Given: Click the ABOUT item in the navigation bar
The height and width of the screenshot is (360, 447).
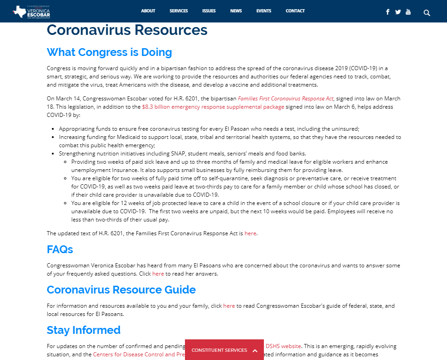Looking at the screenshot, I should pos(148,11).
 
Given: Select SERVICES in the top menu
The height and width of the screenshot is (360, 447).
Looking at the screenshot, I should pos(179,11).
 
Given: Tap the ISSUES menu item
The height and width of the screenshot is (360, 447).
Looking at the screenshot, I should pos(209,11).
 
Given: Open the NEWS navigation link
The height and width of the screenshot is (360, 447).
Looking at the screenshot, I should pos(236,11).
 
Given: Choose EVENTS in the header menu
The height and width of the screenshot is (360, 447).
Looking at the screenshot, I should pos(263,11).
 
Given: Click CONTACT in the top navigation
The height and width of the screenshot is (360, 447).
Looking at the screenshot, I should pos(295,11).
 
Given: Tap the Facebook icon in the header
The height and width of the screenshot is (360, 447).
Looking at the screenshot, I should pos(388,12).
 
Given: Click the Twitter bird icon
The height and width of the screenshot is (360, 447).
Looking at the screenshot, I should pos(398,12).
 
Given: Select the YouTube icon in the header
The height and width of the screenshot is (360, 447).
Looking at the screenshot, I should pos(408,12).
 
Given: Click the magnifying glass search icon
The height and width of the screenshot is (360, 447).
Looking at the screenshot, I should pos(427,12).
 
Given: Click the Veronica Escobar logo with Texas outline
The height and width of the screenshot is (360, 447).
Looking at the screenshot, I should pos(32,11).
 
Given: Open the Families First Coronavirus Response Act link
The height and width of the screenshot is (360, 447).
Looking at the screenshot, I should pos(285,99).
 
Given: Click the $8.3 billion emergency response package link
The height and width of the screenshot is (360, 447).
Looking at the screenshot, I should pos(213,107).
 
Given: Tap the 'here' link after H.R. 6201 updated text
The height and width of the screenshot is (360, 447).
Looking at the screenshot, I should pos(250,233).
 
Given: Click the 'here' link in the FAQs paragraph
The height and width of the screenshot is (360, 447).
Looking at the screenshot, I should pos(158,274).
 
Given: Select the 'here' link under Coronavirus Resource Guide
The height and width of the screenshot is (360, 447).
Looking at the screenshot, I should pos(229,306).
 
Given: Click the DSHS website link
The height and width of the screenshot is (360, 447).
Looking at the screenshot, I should pos(283,346).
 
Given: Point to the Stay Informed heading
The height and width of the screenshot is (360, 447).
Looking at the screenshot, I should pos(84,330).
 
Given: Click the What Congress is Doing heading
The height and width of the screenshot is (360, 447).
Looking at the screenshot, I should pos(109,52).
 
